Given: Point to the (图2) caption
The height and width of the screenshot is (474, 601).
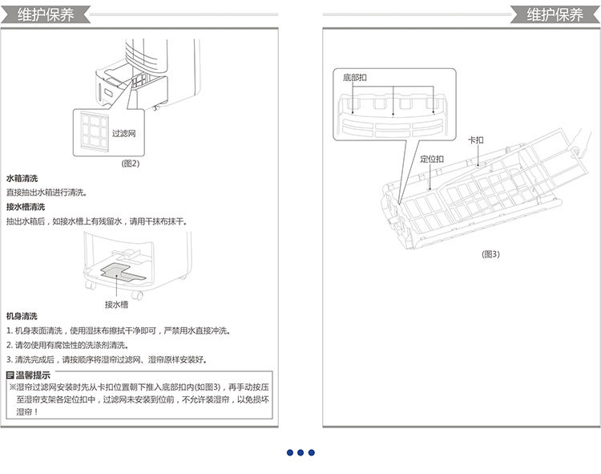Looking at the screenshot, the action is pyautogui.click(x=130, y=163).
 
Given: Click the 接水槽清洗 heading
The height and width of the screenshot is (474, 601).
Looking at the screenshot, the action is pyautogui.click(x=26, y=207).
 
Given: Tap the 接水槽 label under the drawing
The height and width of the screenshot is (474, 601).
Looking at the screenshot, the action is pyautogui.click(x=116, y=304).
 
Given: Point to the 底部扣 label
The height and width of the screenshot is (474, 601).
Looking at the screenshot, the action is pyautogui.click(x=353, y=78).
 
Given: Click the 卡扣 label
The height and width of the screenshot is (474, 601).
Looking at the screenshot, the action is pyautogui.click(x=476, y=140).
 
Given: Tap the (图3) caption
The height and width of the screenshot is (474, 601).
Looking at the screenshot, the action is pyautogui.click(x=490, y=254).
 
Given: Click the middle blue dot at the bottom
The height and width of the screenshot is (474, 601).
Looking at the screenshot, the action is pyautogui.click(x=300, y=452).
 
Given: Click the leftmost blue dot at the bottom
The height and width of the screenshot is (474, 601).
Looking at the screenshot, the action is pyautogui.click(x=290, y=452).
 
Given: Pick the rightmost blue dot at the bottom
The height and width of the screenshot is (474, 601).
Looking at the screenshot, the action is pyautogui.click(x=312, y=452).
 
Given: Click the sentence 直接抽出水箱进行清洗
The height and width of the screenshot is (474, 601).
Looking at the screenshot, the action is pyautogui.click(x=46, y=192).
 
